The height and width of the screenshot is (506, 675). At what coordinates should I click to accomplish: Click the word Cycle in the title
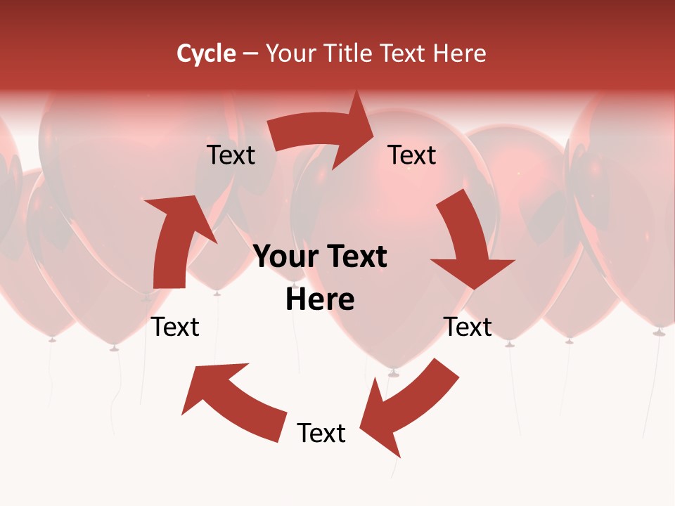pyautogui.click(x=206, y=53)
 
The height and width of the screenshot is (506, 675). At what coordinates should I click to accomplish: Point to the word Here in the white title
pyautogui.click(x=460, y=53)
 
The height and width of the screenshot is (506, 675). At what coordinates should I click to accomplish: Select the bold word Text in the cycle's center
pyautogui.click(x=356, y=257)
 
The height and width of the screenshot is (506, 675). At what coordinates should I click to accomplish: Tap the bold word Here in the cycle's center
pyautogui.click(x=320, y=299)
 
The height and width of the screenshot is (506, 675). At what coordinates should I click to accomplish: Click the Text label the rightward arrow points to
pyautogui.click(x=412, y=155)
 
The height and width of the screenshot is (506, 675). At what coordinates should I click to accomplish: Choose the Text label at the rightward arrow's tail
pyautogui.click(x=231, y=155)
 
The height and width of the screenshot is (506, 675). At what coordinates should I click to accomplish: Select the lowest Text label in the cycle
pyautogui.click(x=321, y=433)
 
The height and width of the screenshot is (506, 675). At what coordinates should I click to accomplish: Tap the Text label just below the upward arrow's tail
pyautogui.click(x=176, y=327)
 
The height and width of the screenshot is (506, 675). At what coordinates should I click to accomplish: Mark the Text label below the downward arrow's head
pyautogui.click(x=468, y=327)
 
